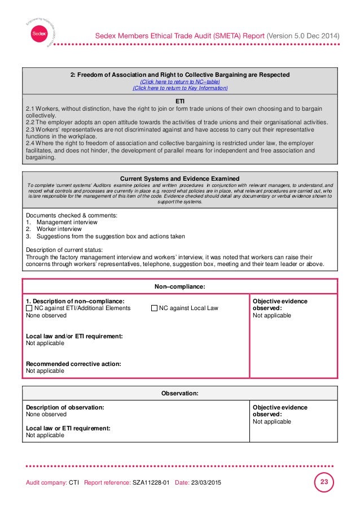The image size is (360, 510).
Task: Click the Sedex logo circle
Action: [x=38, y=33]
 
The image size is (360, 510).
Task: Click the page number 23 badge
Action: [x=323, y=483]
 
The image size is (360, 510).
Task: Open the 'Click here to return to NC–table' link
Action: [x=180, y=81]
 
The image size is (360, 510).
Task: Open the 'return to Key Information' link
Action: [x=180, y=88]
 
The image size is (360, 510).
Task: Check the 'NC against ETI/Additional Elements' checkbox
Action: [x=29, y=308]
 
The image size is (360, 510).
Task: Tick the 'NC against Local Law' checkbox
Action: [x=154, y=308]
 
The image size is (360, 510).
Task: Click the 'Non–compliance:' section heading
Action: [x=180, y=287]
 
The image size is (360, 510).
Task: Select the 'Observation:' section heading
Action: [x=180, y=393]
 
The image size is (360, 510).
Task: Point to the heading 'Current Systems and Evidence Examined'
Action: [x=180, y=178]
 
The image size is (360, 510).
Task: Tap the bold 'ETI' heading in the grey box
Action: [x=180, y=101]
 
